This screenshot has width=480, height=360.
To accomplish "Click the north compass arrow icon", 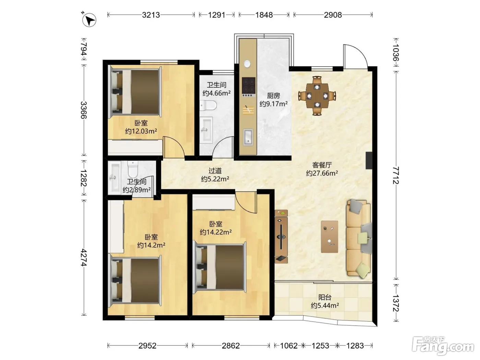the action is [x=89, y=20].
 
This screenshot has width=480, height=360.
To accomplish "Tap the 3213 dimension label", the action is [x=151, y=15].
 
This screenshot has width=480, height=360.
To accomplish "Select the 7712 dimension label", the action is [x=396, y=175].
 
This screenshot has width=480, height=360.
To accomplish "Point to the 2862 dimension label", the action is [x=231, y=346].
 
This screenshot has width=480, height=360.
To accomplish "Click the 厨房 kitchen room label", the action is [x=273, y=96].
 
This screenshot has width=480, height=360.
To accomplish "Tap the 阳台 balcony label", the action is [x=325, y=297].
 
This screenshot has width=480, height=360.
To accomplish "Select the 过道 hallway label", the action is [x=215, y=170].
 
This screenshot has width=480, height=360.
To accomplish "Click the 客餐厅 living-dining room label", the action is [x=322, y=165].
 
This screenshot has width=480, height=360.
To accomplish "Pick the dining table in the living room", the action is [x=317, y=96].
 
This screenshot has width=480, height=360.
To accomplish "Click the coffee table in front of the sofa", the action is [x=329, y=237].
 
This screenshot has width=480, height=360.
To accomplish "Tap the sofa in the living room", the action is [x=359, y=239].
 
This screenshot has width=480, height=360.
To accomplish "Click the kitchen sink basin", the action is [x=248, y=137].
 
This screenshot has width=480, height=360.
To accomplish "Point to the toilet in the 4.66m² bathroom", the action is [x=208, y=105].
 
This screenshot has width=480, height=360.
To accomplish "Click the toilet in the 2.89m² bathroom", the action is [x=133, y=169].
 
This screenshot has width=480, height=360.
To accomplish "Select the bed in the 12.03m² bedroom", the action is [x=135, y=92].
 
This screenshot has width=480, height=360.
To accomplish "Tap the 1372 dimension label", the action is [x=396, y=303].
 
